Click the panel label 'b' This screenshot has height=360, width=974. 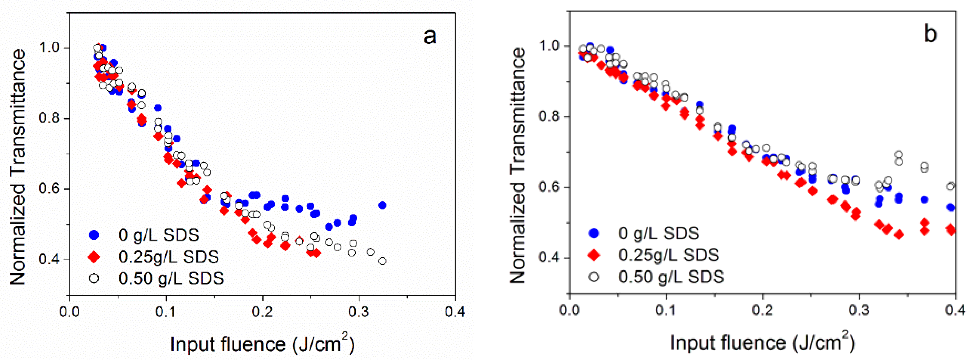[930, 34]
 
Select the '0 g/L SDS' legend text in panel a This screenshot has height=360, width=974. [159, 235]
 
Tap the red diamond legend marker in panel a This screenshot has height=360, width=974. [94, 257]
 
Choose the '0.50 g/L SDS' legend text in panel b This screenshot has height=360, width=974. [671, 277]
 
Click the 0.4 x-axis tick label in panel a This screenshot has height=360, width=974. [455, 312]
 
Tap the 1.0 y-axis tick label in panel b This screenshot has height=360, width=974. [549, 46]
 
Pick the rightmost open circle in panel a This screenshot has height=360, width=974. [382, 261]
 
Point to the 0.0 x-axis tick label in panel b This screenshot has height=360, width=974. [570, 311]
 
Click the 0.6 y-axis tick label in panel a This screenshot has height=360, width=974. [49, 189]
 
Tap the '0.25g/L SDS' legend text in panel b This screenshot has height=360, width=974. [669, 256]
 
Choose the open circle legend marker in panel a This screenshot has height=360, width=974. [94, 279]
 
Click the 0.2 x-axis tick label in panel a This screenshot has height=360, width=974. [262, 312]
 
